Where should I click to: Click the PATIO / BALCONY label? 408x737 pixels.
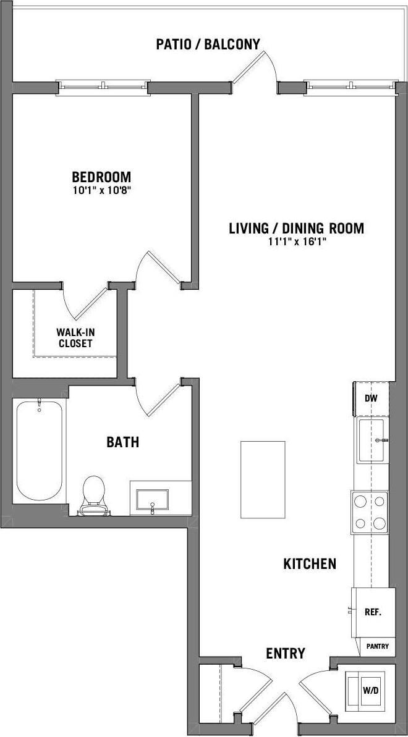tap(208, 43)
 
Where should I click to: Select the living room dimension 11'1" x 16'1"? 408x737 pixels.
tap(296, 242)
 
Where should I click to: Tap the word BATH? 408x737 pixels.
tap(122, 442)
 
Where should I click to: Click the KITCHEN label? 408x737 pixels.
tap(310, 563)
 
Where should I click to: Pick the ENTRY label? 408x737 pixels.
tap(286, 654)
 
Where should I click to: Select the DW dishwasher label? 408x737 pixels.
tap(371, 398)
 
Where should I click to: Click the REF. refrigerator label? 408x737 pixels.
tap(373, 612)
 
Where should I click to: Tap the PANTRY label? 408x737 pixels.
tap(377, 646)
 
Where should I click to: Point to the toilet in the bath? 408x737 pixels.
tap(94, 495)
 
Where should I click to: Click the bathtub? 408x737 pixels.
tap(39, 451)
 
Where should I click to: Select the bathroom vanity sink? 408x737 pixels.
tap(151, 499)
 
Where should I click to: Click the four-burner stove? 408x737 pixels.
tap(370, 512)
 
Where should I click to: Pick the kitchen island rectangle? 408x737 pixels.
tap(263, 480)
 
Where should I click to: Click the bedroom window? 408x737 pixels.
tap(104, 87)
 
